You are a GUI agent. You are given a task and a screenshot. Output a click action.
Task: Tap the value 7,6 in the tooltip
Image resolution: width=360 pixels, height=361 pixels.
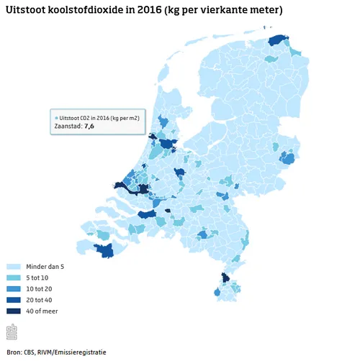pyautogui.click(x=89, y=126)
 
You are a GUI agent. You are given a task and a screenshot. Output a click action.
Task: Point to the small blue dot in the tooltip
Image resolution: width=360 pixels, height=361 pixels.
pyautogui.click(x=57, y=116)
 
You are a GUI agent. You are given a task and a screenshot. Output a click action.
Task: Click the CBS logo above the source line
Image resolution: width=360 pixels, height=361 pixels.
pyautogui.click(x=12, y=332)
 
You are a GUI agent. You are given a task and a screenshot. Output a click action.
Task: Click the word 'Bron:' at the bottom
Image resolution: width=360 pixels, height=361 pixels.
pyautogui.click(x=14, y=352)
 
